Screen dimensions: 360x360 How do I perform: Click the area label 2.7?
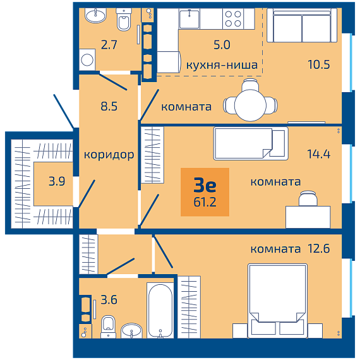pos(109,45)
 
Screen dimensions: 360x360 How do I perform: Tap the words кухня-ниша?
pos(222,65)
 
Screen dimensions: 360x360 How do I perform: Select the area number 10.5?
pos(319,64)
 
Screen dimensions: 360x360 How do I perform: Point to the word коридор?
pos(109,155)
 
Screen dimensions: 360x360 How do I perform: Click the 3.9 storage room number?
pos(57,181)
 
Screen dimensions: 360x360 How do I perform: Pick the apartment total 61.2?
pos(205,202)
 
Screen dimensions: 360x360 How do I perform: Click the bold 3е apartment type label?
pos(205,185)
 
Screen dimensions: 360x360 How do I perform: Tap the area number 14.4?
pos(319,154)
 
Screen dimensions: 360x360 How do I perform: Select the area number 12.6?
pos(319,249)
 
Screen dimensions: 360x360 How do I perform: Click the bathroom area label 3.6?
pos(109,300)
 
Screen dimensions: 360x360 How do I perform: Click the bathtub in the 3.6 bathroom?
pos(160,310)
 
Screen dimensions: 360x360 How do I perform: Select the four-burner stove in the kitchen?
pos(233,18)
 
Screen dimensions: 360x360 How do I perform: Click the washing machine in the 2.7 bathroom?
pos(87,60)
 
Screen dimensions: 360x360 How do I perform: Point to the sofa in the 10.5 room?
pos(302,25)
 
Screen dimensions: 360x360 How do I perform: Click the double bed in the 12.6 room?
pos(277,301)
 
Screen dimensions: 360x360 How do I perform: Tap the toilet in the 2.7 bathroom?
pos(124,20)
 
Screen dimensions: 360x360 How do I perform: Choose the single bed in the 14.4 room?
pos(251,143)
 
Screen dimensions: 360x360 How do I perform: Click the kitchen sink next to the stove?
pos(189,18)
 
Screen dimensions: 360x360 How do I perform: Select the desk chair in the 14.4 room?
pos(308,198)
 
